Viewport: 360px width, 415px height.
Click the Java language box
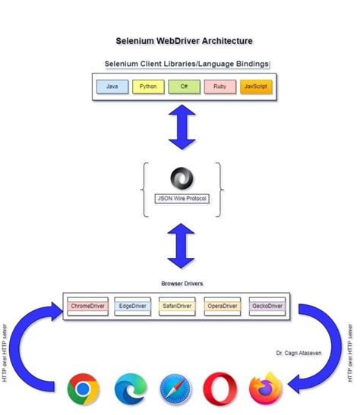(x=112, y=87)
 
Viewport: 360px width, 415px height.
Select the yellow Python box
(x=148, y=87)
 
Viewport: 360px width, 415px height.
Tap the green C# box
(x=184, y=87)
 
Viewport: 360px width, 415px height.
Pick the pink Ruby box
(x=219, y=87)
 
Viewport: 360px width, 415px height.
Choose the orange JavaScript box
(x=255, y=87)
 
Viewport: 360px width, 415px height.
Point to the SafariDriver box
(x=178, y=307)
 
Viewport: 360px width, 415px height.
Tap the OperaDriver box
(x=222, y=307)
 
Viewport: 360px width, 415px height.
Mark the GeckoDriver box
(x=267, y=307)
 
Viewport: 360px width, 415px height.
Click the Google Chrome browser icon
(x=84, y=390)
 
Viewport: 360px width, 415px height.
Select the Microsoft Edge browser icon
(x=130, y=390)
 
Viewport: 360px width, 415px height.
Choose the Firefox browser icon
(x=266, y=389)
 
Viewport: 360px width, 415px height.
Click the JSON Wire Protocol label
(x=181, y=198)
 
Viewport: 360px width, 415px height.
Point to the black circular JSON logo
(x=181, y=178)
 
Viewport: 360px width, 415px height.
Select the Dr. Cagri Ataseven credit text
(x=298, y=354)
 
